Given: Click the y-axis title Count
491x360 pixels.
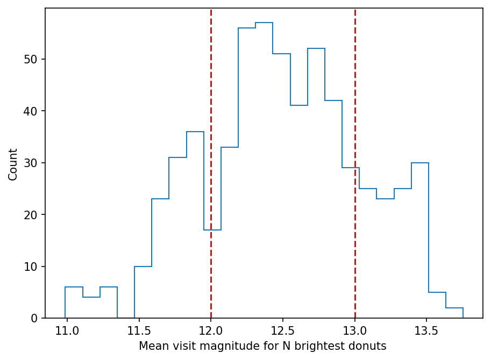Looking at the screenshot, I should (13, 164).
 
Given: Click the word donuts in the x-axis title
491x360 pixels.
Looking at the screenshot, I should (369, 347).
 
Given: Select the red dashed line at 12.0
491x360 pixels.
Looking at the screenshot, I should (211, 161).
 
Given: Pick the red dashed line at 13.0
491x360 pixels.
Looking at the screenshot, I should (355, 107).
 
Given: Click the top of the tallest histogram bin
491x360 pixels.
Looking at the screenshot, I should (264, 23).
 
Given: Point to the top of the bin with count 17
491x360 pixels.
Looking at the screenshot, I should (212, 230).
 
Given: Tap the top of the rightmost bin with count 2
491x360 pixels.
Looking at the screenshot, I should (454, 308).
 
